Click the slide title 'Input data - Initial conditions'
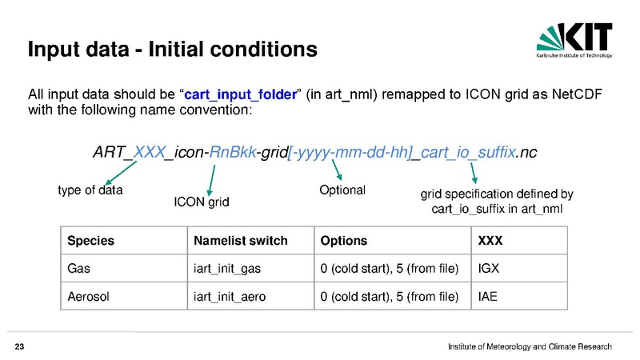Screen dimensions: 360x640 173,50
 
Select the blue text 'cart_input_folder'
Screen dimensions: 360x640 241,96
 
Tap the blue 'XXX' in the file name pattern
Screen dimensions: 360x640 149,152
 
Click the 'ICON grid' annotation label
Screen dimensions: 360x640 202,202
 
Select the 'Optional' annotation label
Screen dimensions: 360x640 342,190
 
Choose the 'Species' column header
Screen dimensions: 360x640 90,241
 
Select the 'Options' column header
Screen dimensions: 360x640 344,241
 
